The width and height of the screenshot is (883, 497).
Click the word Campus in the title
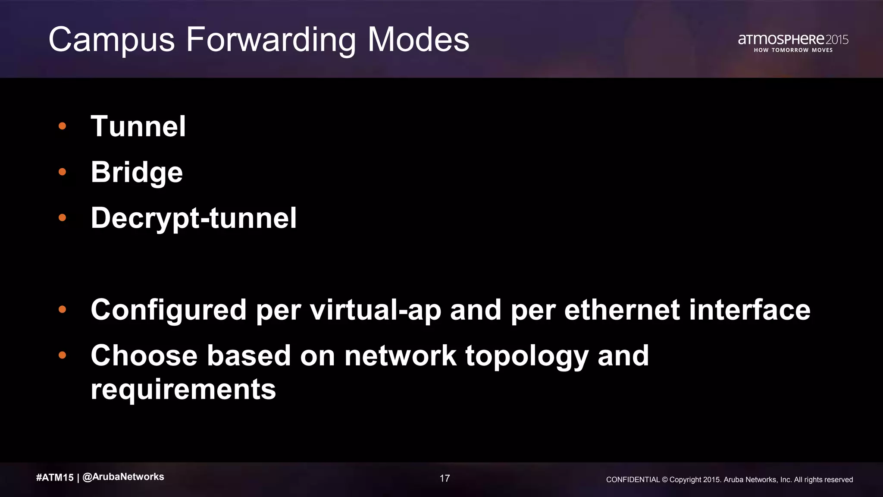111,40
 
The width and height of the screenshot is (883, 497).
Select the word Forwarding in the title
271,40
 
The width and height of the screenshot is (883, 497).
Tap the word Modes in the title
418,40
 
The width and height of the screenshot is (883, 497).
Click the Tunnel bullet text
138,126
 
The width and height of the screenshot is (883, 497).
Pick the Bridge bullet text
137,172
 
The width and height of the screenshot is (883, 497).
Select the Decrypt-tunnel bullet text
194,218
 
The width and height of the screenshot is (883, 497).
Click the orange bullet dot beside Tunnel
63,126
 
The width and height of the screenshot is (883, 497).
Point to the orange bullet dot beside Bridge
63,172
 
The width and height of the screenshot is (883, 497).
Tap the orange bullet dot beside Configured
63,309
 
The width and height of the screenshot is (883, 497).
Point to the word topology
527,356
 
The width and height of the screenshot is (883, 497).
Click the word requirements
183,389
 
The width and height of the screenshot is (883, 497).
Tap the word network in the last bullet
400,356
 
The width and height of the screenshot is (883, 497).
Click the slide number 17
445,478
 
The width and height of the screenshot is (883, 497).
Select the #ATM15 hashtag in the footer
55,477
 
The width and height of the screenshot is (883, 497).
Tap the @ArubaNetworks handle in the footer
123,477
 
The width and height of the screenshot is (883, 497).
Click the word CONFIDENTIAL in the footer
633,480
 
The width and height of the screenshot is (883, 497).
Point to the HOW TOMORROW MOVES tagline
793,50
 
